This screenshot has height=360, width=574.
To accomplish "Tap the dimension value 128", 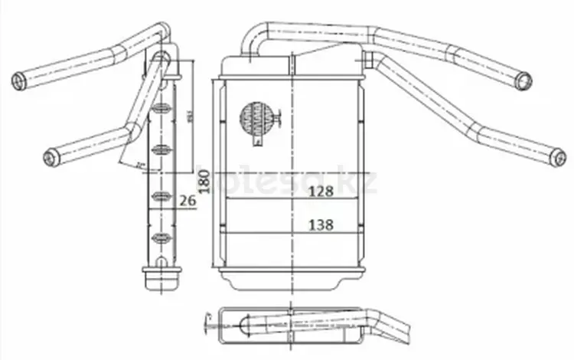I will (321, 192).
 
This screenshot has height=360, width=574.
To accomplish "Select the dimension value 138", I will (321, 225).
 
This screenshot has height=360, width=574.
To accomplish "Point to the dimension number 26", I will (188, 200).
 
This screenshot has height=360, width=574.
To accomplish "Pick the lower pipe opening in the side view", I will (51, 158).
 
